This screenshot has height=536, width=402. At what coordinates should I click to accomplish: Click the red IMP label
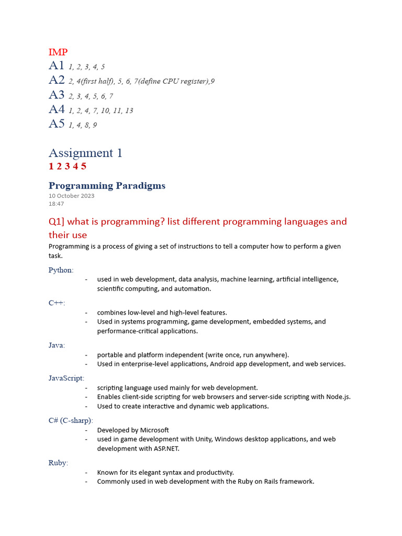(x=58, y=52)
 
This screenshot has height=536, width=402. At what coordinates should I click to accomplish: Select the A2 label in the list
(x=57, y=80)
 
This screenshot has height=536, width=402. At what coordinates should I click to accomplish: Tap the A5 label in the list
(x=57, y=124)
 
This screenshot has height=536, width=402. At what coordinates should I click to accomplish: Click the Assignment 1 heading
(x=85, y=153)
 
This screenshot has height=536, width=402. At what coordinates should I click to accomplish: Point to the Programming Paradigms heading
(x=107, y=186)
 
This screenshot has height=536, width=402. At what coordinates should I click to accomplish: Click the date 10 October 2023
(x=72, y=196)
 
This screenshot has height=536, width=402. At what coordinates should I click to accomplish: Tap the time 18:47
(x=57, y=204)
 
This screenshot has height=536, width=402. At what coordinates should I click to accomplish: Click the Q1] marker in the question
(x=57, y=221)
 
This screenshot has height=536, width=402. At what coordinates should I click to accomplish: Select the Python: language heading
(x=61, y=270)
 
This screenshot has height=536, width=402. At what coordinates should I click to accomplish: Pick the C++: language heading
(x=57, y=303)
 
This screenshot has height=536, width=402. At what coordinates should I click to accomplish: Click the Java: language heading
(x=57, y=345)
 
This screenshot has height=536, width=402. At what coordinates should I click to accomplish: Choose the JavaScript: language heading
(x=66, y=378)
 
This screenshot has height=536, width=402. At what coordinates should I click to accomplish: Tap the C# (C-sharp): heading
(x=71, y=421)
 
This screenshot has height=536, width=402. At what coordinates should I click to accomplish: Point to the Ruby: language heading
(x=58, y=463)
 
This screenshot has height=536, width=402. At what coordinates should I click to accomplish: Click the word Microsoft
(x=153, y=430)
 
